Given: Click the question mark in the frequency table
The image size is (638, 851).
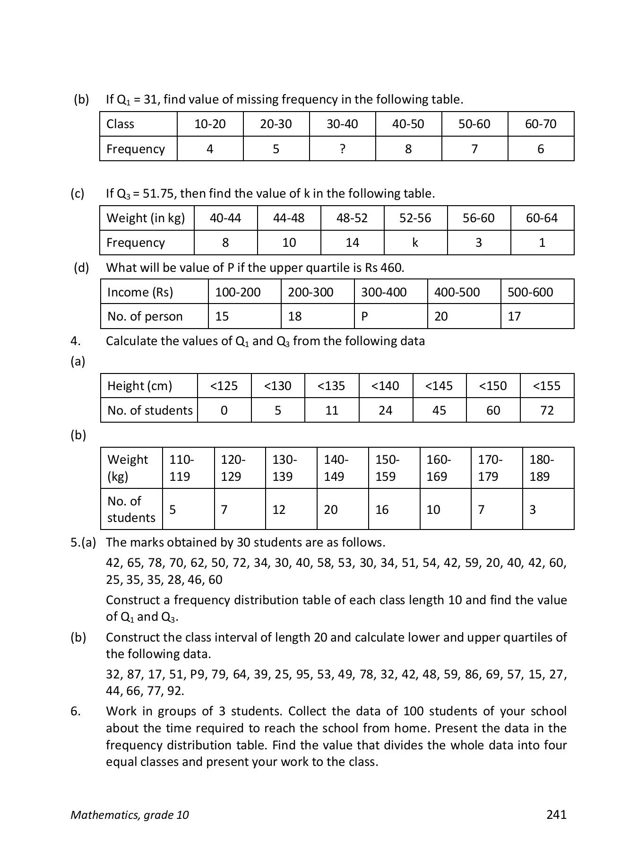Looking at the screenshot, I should (342, 149).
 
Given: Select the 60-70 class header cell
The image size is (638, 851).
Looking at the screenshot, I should (541, 124).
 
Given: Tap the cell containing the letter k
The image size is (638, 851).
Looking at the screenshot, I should (415, 243).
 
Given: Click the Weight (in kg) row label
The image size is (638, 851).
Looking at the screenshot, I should (146, 218).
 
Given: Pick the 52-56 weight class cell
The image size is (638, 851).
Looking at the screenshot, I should (415, 218).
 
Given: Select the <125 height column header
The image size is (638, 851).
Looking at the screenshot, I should (224, 386).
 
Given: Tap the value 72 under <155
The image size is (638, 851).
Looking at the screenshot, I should (547, 410).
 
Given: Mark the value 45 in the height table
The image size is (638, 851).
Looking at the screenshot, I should (439, 410).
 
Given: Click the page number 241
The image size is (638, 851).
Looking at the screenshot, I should (556, 814).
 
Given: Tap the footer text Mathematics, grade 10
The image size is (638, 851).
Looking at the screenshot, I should (129, 815).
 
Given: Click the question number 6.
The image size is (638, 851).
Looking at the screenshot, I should (76, 711).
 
